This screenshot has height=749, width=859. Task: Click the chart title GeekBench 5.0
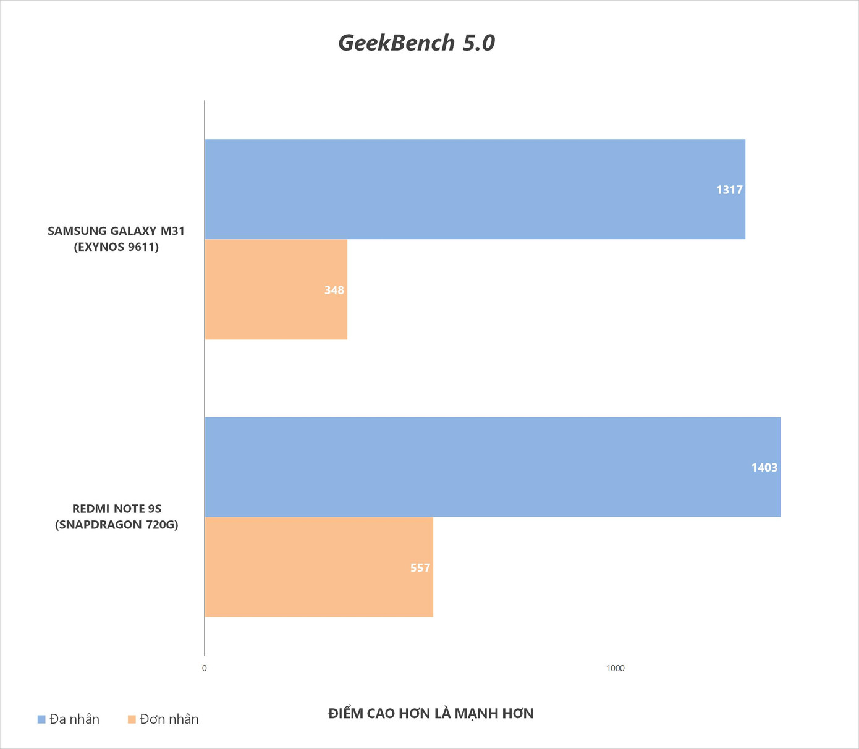(417, 43)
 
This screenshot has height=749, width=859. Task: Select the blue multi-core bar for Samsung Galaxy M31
(475, 189)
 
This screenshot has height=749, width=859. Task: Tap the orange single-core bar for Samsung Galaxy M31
(276, 289)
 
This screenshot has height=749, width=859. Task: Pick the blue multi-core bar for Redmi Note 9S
(493, 467)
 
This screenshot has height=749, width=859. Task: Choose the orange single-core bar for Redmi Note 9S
(318, 567)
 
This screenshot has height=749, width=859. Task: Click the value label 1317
(729, 190)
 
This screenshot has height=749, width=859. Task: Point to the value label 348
(334, 290)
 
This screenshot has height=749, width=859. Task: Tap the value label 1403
(764, 468)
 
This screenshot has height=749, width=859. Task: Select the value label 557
(420, 568)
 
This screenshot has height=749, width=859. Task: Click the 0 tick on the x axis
(205, 668)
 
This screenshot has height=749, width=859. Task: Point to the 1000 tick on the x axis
(616, 668)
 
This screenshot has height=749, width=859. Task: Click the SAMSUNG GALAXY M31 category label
(116, 231)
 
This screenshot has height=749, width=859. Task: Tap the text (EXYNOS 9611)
(116, 247)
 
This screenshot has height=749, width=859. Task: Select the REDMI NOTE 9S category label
(117, 509)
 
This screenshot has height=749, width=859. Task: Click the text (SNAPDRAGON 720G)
(117, 525)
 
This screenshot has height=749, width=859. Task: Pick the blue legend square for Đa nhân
(41, 719)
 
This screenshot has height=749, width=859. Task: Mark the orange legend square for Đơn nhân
(132, 719)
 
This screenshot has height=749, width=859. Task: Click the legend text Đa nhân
(74, 719)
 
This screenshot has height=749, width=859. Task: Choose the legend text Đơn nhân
(169, 719)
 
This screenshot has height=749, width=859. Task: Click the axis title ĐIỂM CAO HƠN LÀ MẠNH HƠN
(431, 714)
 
